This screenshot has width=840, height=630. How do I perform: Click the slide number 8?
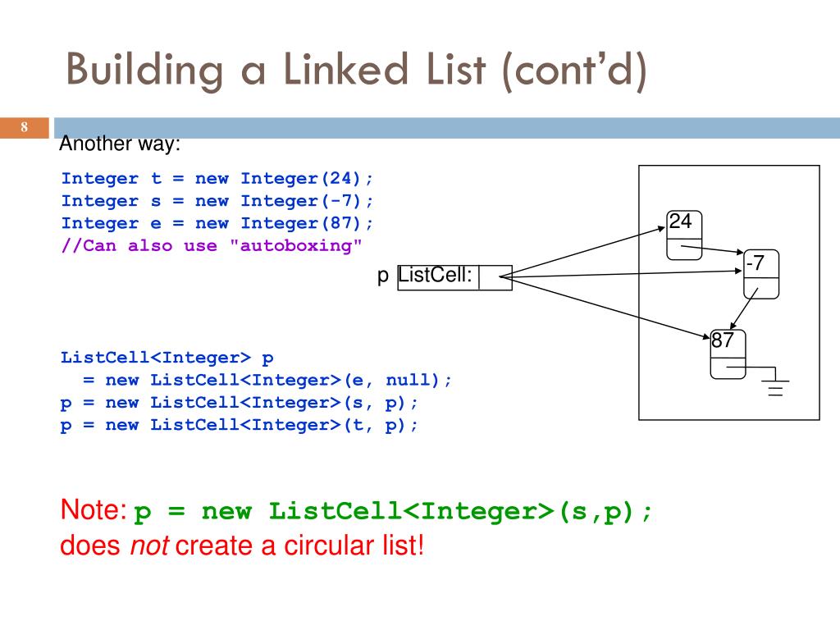pyautogui.click(x=25, y=127)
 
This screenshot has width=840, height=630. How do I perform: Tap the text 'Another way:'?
pyautogui.click(x=120, y=144)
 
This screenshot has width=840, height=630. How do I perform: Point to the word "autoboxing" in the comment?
pyautogui.click(x=296, y=245)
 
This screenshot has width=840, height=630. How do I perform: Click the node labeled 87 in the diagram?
pyautogui.click(x=728, y=354)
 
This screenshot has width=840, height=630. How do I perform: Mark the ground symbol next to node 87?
pyautogui.click(x=775, y=382)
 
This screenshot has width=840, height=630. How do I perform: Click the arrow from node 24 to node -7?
pyautogui.click(x=713, y=248)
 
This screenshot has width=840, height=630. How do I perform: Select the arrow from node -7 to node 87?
pyautogui.click(x=743, y=311)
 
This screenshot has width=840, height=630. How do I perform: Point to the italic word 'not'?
pyautogui.click(x=149, y=546)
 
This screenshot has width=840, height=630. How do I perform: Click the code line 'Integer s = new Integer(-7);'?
pyautogui.click(x=217, y=201)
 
